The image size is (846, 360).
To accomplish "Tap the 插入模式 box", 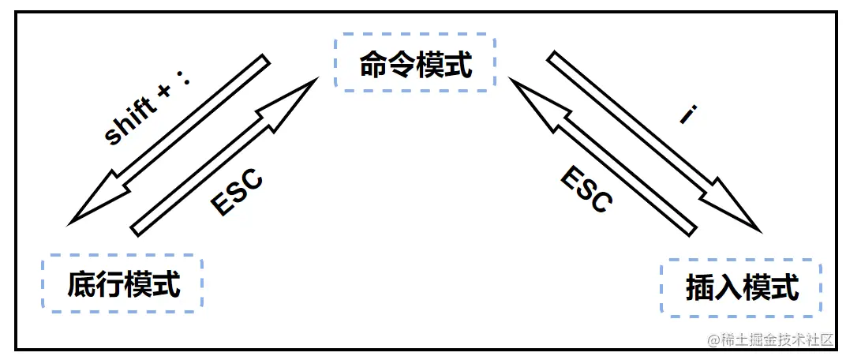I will tap(742, 287).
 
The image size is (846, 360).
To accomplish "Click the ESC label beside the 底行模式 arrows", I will tap(236, 191).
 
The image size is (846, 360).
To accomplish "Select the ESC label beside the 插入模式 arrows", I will tap(586, 189).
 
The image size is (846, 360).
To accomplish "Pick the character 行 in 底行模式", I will tap(110, 284).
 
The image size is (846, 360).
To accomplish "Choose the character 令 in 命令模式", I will tap(402, 65).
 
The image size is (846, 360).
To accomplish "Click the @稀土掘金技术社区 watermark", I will tap(770, 340).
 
